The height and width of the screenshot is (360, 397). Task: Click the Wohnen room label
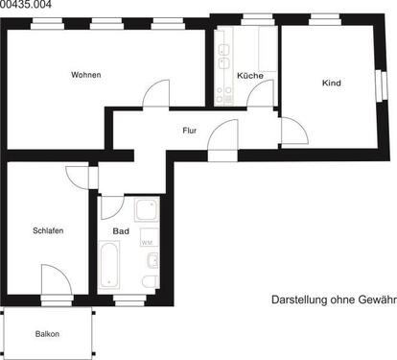86,75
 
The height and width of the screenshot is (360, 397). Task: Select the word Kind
332,84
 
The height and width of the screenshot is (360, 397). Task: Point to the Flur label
190,130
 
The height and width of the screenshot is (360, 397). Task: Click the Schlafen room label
48,231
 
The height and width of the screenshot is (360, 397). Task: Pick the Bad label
121,231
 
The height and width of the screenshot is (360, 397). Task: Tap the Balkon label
47,334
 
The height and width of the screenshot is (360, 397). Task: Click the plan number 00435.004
28,6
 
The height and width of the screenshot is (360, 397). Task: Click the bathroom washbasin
152,259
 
